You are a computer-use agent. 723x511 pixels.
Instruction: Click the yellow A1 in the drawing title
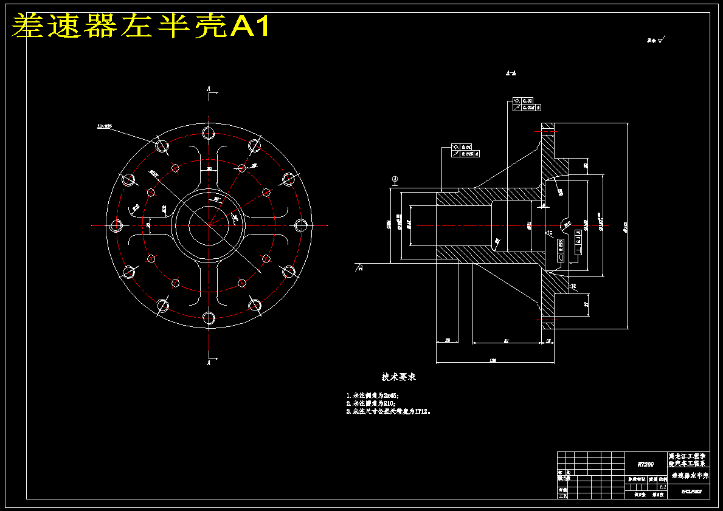click(x=249, y=26)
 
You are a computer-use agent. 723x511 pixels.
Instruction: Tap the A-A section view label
click(x=511, y=73)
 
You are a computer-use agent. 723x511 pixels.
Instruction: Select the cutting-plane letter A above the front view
click(x=209, y=89)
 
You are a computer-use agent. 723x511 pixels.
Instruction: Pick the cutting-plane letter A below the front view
click(x=209, y=363)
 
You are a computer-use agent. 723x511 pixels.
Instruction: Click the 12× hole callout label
click(x=105, y=126)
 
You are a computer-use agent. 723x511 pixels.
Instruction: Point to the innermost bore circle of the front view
click(x=209, y=225)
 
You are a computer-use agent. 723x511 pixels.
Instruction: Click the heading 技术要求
click(x=398, y=377)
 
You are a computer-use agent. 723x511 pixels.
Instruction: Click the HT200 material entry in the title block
click(x=645, y=464)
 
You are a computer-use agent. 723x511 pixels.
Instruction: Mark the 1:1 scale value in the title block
click(x=662, y=487)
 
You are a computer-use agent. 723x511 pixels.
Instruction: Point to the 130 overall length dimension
click(x=493, y=361)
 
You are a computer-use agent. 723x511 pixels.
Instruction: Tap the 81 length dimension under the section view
click(x=507, y=341)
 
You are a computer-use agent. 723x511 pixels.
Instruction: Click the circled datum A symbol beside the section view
click(x=395, y=179)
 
